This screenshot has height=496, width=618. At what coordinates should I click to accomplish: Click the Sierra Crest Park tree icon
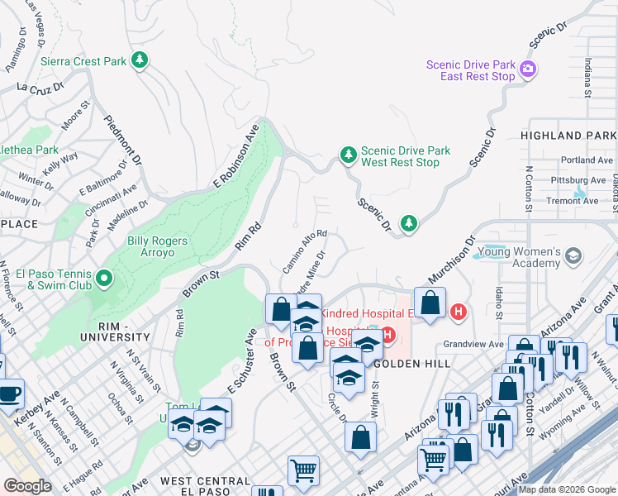(140, 60)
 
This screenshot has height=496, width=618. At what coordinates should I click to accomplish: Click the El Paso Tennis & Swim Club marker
(104, 279)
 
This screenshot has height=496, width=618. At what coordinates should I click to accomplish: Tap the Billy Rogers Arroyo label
(157, 247)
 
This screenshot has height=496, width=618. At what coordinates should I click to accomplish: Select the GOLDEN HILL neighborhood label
(411, 364)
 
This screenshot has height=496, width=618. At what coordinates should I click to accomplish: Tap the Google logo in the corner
(27, 486)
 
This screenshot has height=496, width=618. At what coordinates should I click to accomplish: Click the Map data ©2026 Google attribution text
(567, 489)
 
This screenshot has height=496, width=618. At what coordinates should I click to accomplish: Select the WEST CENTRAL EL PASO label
(205, 481)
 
